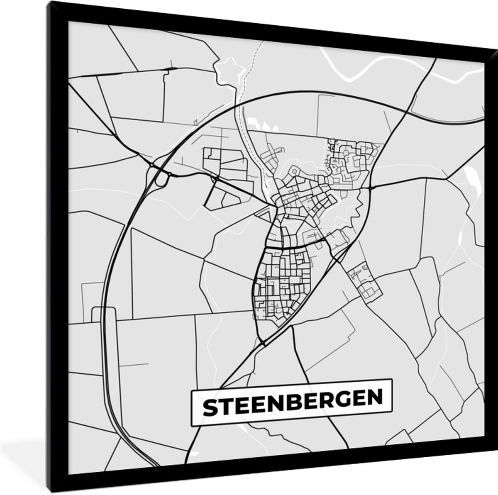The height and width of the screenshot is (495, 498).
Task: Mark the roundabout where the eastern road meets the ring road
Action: pyautogui.click(x=369, y=188)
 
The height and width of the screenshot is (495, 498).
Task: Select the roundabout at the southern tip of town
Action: pyautogui.click(x=264, y=344)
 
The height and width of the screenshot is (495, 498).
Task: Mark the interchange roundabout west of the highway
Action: pyautogui.click(x=152, y=166)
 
